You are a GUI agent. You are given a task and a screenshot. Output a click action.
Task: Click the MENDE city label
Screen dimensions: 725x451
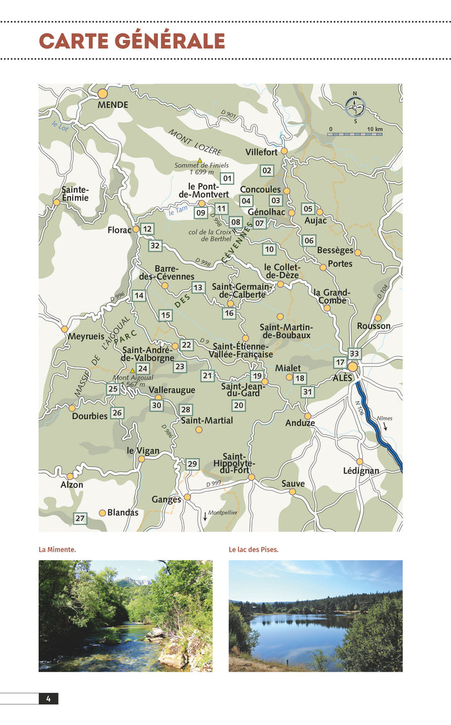[x=113, y=104]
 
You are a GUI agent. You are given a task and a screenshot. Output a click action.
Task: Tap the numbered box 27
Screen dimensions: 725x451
[x=80, y=518]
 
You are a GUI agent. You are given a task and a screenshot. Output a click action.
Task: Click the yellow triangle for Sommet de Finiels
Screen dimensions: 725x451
[x=200, y=160]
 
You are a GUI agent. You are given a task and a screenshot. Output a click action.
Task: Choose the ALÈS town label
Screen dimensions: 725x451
[x=343, y=378]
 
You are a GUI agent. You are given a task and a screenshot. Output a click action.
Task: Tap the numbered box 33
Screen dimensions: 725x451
[x=354, y=354]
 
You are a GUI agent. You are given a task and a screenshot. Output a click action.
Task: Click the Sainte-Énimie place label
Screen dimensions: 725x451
[x=75, y=194]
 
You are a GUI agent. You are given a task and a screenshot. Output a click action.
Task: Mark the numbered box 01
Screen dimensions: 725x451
[x=227, y=178]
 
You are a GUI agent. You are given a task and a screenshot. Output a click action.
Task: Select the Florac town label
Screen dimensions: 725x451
[x=119, y=229]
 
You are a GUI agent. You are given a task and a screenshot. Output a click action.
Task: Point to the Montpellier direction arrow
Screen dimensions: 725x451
[x=206, y=516]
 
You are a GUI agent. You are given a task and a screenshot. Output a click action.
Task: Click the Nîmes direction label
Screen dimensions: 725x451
[x=385, y=418]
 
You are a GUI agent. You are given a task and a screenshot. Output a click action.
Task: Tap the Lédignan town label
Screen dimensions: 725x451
[x=361, y=471]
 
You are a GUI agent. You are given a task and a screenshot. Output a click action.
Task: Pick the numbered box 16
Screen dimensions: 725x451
[x=229, y=313]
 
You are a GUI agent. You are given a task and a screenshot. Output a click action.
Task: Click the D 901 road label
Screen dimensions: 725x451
[x=229, y=114]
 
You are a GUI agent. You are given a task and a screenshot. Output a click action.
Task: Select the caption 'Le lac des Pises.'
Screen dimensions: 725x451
[x=253, y=550]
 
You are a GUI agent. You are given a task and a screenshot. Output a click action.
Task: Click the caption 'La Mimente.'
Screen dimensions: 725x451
[x=57, y=550]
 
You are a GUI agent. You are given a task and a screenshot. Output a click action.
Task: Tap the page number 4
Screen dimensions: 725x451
[x=48, y=699]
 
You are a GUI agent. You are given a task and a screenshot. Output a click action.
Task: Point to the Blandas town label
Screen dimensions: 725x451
[x=122, y=513]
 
